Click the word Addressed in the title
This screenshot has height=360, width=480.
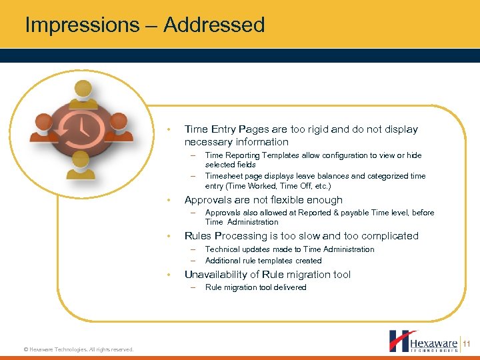pyautogui.click(x=214, y=25)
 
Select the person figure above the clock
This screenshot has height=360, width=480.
pyautogui.click(x=83, y=93)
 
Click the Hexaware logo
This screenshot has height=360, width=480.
pyautogui.click(x=423, y=341)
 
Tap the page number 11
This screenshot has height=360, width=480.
pyautogui.click(x=467, y=343)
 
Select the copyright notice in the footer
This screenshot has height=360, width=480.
pyautogui.click(x=79, y=349)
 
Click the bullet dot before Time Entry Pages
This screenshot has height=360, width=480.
pyautogui.click(x=170, y=129)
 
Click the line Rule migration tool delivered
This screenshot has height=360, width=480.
pyautogui.click(x=255, y=287)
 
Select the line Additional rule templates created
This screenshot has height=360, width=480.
pyautogui.click(x=263, y=261)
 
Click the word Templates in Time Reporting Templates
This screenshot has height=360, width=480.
pyautogui.click(x=280, y=155)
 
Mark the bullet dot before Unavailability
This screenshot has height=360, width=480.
pyautogui.click(x=170, y=275)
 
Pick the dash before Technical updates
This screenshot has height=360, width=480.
pyautogui.click(x=191, y=249)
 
